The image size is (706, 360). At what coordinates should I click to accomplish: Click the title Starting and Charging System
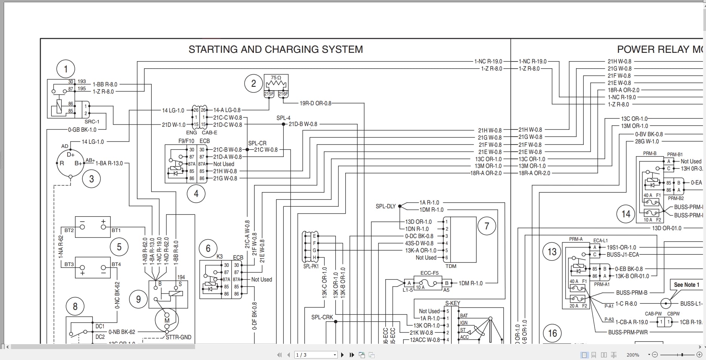click(275, 49)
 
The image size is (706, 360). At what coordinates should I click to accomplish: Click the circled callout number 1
click(66, 69)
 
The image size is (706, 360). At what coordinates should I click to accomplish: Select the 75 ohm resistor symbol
click(276, 83)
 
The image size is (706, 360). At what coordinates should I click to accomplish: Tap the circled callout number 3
click(91, 179)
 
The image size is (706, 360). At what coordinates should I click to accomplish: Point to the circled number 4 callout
click(196, 194)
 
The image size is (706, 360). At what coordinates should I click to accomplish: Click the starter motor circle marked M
click(167, 320)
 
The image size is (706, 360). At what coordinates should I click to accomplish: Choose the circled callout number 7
click(487, 226)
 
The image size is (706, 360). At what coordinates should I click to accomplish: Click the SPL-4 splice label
click(283, 118)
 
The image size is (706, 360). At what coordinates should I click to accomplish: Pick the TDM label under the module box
click(451, 266)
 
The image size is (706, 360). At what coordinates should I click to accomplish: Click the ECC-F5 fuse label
click(429, 273)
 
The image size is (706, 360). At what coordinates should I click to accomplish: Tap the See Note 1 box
click(686, 285)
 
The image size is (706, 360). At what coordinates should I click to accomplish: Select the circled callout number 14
click(626, 214)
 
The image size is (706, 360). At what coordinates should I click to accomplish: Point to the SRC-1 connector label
click(92, 122)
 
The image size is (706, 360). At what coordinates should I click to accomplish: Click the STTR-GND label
click(178, 337)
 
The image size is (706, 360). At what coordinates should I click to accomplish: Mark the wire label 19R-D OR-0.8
click(315, 103)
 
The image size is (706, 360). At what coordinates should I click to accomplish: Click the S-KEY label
click(452, 303)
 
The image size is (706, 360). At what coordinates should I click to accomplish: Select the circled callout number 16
click(552, 333)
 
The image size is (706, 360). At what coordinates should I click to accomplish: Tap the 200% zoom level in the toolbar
click(633, 355)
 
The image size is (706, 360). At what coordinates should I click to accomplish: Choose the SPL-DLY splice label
click(385, 206)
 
